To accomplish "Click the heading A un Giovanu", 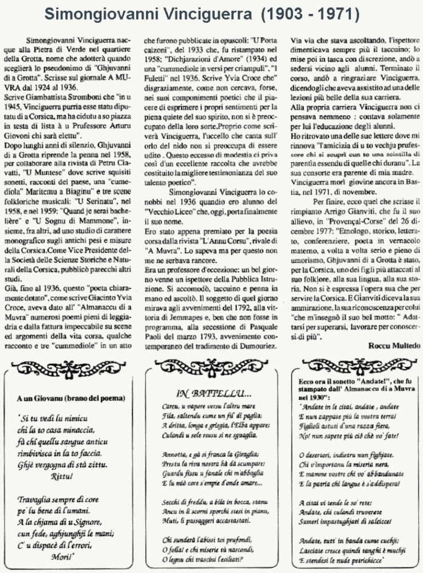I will (x=70, y=398).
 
